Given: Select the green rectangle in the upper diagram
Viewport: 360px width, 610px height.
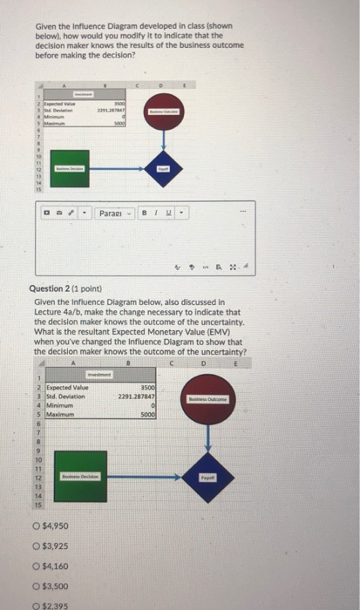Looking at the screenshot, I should coord(71,167).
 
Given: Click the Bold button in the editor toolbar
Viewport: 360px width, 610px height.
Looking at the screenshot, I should coord(145,211).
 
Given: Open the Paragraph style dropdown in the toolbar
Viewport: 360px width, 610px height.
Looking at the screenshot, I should coord(114,211).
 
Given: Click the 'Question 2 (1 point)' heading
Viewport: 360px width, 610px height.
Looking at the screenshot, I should coord(71,291).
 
